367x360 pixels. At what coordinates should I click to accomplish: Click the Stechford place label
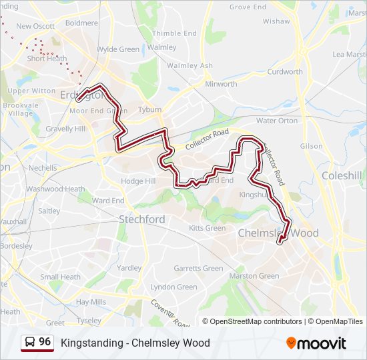[x=141, y=219]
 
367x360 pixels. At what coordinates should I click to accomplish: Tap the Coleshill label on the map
[x=341, y=175]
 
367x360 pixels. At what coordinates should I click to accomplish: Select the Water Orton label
[x=277, y=121]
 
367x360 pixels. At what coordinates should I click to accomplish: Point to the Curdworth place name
[x=285, y=71]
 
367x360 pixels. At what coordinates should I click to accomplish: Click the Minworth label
[x=221, y=84]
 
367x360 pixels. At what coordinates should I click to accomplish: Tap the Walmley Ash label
[x=190, y=65]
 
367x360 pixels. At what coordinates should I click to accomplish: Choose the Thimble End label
[x=174, y=33]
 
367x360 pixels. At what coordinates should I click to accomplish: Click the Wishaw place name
[x=276, y=21]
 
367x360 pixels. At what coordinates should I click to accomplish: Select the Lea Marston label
[x=348, y=54]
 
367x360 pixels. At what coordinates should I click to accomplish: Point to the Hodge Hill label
[x=138, y=181]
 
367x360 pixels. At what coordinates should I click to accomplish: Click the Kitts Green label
[x=207, y=228]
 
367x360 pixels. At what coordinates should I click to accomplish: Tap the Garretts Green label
[x=198, y=268]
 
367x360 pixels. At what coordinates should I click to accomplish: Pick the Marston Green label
[x=254, y=275]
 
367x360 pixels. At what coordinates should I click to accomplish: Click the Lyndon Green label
[x=173, y=287]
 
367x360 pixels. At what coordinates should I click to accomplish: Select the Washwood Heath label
[x=55, y=189]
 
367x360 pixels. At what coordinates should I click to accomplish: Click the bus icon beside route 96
[x=31, y=343]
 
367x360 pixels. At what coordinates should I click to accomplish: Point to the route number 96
[x=45, y=342]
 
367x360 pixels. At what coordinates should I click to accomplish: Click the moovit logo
[x=316, y=343]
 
